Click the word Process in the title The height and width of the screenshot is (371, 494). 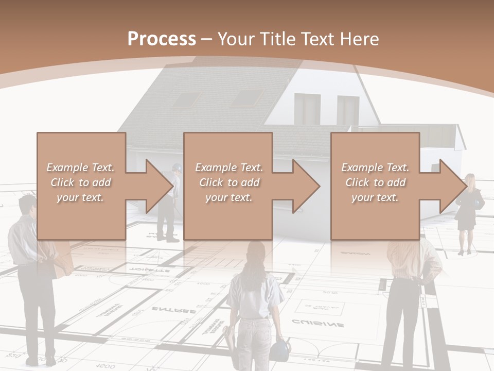pyautogui.click(x=162, y=39)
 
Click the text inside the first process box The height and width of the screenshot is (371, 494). pyautogui.click(x=80, y=182)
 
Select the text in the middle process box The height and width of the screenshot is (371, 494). pyautogui.click(x=228, y=182)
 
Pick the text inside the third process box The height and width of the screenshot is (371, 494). pyautogui.click(x=375, y=182)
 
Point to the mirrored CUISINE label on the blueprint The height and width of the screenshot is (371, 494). pyautogui.click(x=318, y=324)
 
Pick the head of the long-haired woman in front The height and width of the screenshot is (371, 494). pyautogui.click(x=256, y=255)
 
